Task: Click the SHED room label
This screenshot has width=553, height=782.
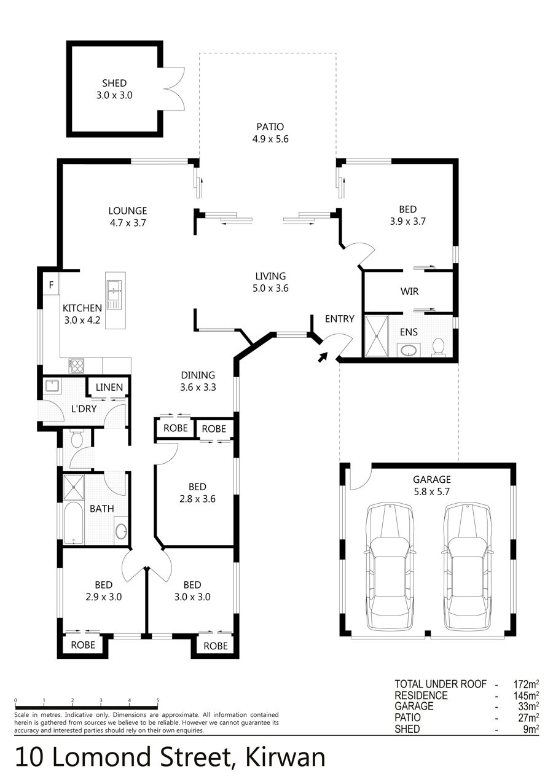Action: [x=114, y=83]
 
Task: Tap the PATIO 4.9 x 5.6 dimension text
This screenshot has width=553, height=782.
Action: [x=270, y=139]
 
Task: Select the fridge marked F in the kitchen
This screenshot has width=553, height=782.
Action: [x=52, y=285]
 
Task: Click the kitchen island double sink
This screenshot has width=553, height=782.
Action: [x=114, y=295]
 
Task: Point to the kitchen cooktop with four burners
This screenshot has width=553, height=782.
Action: [x=77, y=366]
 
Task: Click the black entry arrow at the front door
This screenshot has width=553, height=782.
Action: [x=323, y=357]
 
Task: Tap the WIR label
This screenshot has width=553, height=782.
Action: [x=409, y=291]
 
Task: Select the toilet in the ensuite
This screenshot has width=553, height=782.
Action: [x=437, y=346]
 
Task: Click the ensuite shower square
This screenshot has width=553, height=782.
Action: [x=376, y=336]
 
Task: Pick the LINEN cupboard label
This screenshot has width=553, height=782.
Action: [x=109, y=387]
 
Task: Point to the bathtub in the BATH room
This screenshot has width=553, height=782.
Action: [x=74, y=523]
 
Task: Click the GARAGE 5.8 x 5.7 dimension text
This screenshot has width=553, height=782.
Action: [x=431, y=491]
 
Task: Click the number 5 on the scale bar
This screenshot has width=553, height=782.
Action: [x=158, y=700]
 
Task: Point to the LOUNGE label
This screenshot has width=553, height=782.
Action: [x=128, y=211]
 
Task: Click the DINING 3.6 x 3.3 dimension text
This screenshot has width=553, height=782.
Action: [x=198, y=387]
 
